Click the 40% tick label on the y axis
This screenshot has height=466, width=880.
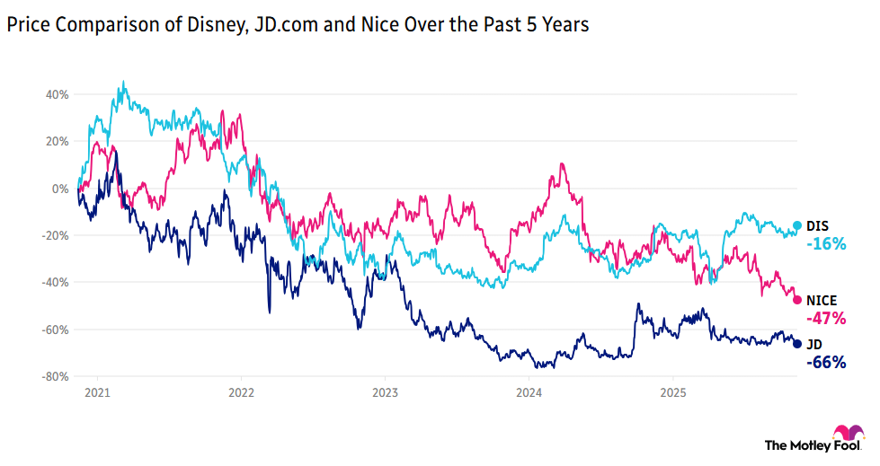58,94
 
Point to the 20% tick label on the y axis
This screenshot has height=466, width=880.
58,141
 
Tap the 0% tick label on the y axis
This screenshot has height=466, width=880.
62,189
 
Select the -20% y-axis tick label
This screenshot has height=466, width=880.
57,235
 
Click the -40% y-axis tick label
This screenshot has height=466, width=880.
57,282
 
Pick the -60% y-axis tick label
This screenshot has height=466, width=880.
57,330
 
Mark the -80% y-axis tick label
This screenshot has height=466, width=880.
57,376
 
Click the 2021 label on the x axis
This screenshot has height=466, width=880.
97,392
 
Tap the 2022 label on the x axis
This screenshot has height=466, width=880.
241,392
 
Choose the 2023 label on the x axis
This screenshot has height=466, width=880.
385,392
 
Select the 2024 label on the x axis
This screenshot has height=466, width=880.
529,392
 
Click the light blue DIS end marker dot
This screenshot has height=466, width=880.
797,226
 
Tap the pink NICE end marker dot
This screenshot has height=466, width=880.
797,300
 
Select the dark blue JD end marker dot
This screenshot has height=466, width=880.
797,344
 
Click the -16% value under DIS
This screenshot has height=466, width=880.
825,243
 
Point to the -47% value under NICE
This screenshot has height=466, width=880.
825,318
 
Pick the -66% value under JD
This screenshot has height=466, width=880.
825,362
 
